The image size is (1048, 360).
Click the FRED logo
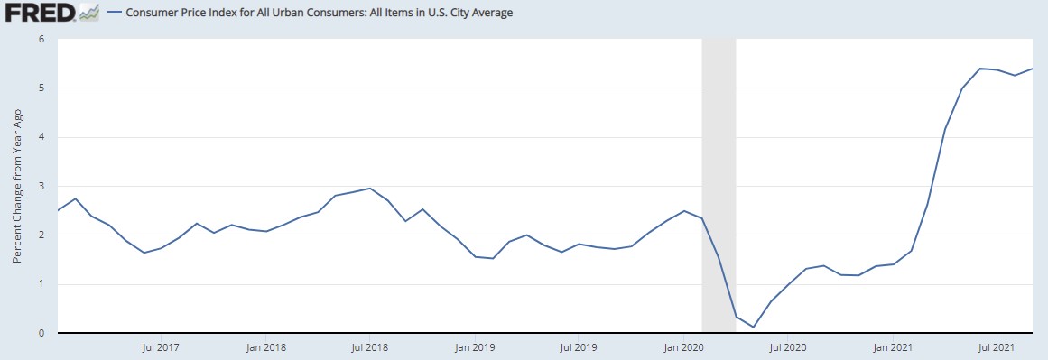coord(39,14)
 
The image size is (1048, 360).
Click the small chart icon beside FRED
coord(89,13)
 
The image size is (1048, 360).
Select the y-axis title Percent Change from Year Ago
coord(17,185)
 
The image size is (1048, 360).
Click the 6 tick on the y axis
coord(42,39)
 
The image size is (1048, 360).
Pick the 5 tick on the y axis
coord(42,88)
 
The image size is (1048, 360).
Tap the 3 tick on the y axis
coord(42,186)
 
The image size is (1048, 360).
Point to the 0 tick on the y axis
coord(42,333)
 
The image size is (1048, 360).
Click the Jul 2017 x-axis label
coord(160,346)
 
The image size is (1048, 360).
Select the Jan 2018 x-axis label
coord(265,346)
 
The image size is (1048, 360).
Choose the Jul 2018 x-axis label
coord(369,346)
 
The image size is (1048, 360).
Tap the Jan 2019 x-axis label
coord(475,346)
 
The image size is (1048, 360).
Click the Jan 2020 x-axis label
coord(683,346)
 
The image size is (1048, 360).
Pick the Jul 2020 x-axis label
coord(788,346)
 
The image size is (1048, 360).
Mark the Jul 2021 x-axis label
coord(997,346)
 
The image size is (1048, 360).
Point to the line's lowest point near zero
coord(754,327)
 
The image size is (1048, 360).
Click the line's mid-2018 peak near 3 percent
coord(369,189)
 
